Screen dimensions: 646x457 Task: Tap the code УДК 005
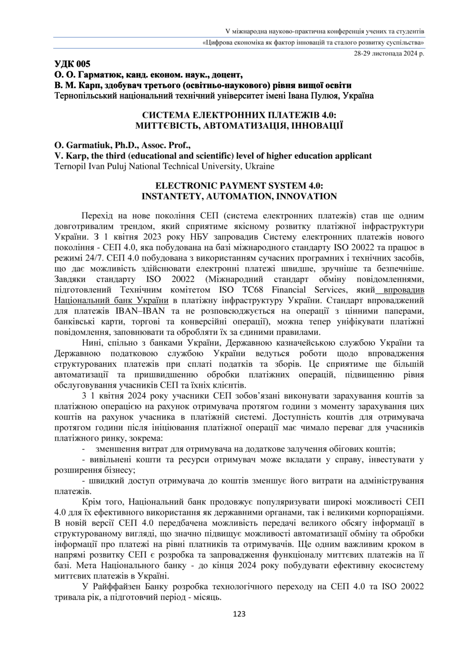[72, 64]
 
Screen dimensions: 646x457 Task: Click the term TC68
[260, 290]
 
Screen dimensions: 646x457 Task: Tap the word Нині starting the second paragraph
[92, 343]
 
